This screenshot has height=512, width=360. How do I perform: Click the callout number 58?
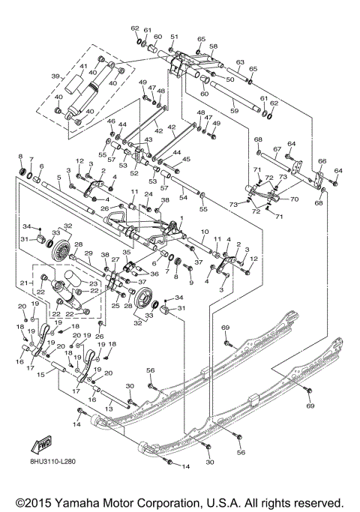pyautogui.click(x=213, y=46)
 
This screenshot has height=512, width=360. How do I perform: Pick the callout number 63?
pyautogui.click(x=240, y=62)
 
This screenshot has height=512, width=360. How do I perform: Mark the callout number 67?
pyautogui.click(x=276, y=149)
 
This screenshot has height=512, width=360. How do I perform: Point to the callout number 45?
pyautogui.click(x=187, y=159)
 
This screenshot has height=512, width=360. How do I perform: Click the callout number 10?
pyautogui.click(x=203, y=233)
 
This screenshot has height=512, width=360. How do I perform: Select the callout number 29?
pyautogui.click(x=88, y=254)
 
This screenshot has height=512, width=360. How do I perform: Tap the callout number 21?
pyautogui.click(x=22, y=283)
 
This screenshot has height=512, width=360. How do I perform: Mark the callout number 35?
pyautogui.click(x=126, y=253)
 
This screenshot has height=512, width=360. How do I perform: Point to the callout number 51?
pyautogui.click(x=173, y=37)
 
